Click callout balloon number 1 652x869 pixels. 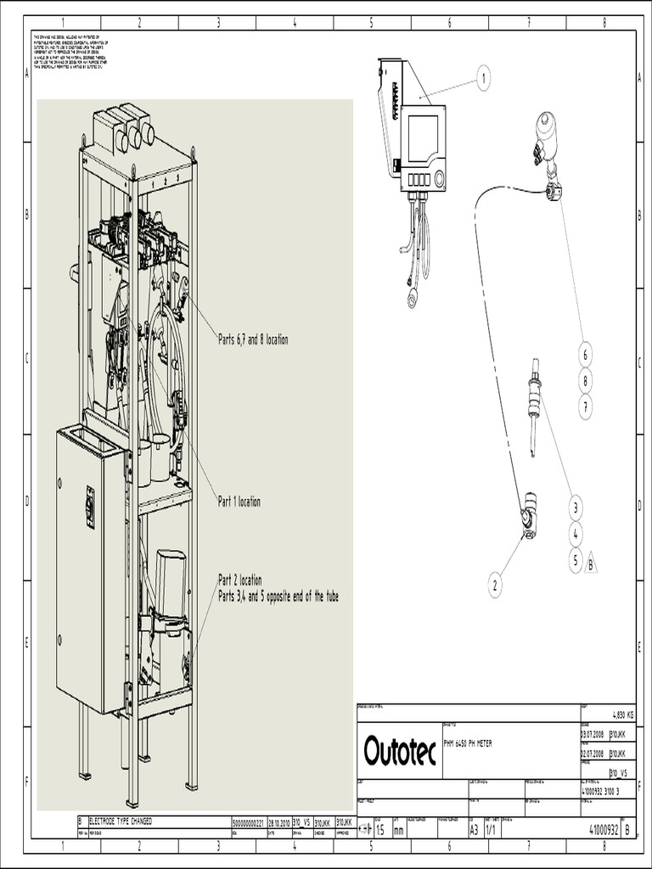(483, 79)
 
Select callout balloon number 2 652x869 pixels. (495, 585)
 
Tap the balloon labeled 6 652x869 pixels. (585, 354)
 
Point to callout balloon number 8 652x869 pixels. (585, 381)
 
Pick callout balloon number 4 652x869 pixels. (576, 535)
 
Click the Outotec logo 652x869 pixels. (400, 751)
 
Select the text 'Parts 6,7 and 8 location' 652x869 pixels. (253, 339)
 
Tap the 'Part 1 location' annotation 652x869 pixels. (239, 502)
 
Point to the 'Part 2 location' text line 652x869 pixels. (240, 580)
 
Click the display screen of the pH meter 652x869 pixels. (423, 137)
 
